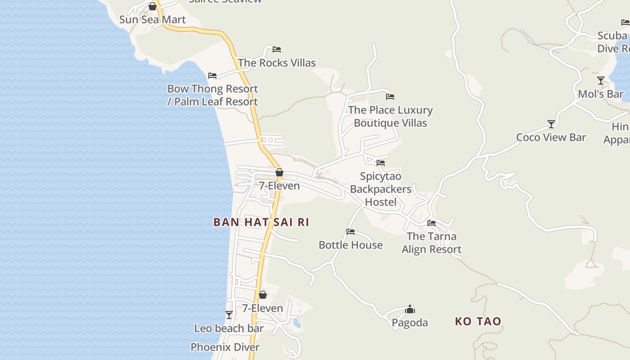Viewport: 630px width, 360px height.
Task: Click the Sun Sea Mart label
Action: tap(152, 20)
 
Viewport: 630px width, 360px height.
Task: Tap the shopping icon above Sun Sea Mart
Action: tap(153, 6)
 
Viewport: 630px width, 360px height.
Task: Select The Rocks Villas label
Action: tap(277, 63)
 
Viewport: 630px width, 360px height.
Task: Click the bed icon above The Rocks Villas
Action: tap(277, 49)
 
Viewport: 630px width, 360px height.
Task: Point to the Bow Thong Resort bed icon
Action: tap(212, 76)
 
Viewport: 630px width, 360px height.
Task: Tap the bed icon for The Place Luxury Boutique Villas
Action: tap(390, 97)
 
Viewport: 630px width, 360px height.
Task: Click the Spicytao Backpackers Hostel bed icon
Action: tap(381, 163)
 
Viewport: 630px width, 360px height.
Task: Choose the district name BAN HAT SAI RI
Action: tap(261, 222)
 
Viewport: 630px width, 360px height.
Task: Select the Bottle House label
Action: tap(351, 245)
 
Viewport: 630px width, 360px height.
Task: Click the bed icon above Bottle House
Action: tap(351, 232)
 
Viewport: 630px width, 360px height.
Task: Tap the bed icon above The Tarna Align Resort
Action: tap(432, 223)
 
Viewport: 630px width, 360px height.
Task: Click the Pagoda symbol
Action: tap(410, 309)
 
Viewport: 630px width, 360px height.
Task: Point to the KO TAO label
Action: tap(478, 321)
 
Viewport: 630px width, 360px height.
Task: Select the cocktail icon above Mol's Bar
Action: tap(601, 81)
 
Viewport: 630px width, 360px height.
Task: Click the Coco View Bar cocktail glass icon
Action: tap(551, 124)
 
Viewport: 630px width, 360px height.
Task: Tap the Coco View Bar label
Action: tap(551, 138)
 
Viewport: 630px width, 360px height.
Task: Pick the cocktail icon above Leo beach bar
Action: tap(229, 315)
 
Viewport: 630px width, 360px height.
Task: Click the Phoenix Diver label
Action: tap(225, 347)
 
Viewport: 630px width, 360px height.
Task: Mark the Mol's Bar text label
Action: tap(601, 94)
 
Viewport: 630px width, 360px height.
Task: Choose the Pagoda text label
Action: tap(410, 323)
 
